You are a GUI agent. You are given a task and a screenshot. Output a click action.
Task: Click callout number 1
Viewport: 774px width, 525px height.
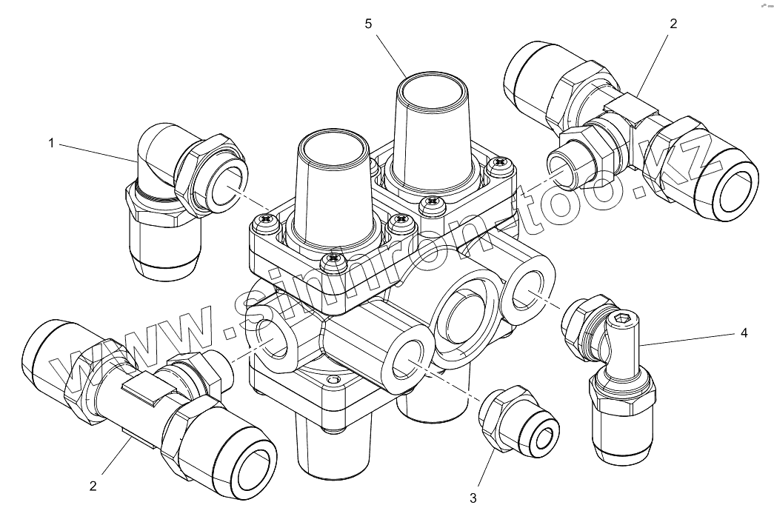[x=51, y=143]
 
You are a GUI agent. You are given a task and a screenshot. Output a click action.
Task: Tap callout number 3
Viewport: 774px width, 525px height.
[x=473, y=498]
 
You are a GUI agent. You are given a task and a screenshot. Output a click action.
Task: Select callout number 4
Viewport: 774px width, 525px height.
[x=744, y=333]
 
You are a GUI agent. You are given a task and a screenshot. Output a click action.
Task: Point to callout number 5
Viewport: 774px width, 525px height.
[x=368, y=24]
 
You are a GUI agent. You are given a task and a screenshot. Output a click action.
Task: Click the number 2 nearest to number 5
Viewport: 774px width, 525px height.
[x=673, y=24]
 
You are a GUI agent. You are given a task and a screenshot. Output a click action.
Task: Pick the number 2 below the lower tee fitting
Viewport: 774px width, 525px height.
[x=93, y=486]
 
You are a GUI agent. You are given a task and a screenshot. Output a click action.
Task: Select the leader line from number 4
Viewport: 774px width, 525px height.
[x=689, y=339]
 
